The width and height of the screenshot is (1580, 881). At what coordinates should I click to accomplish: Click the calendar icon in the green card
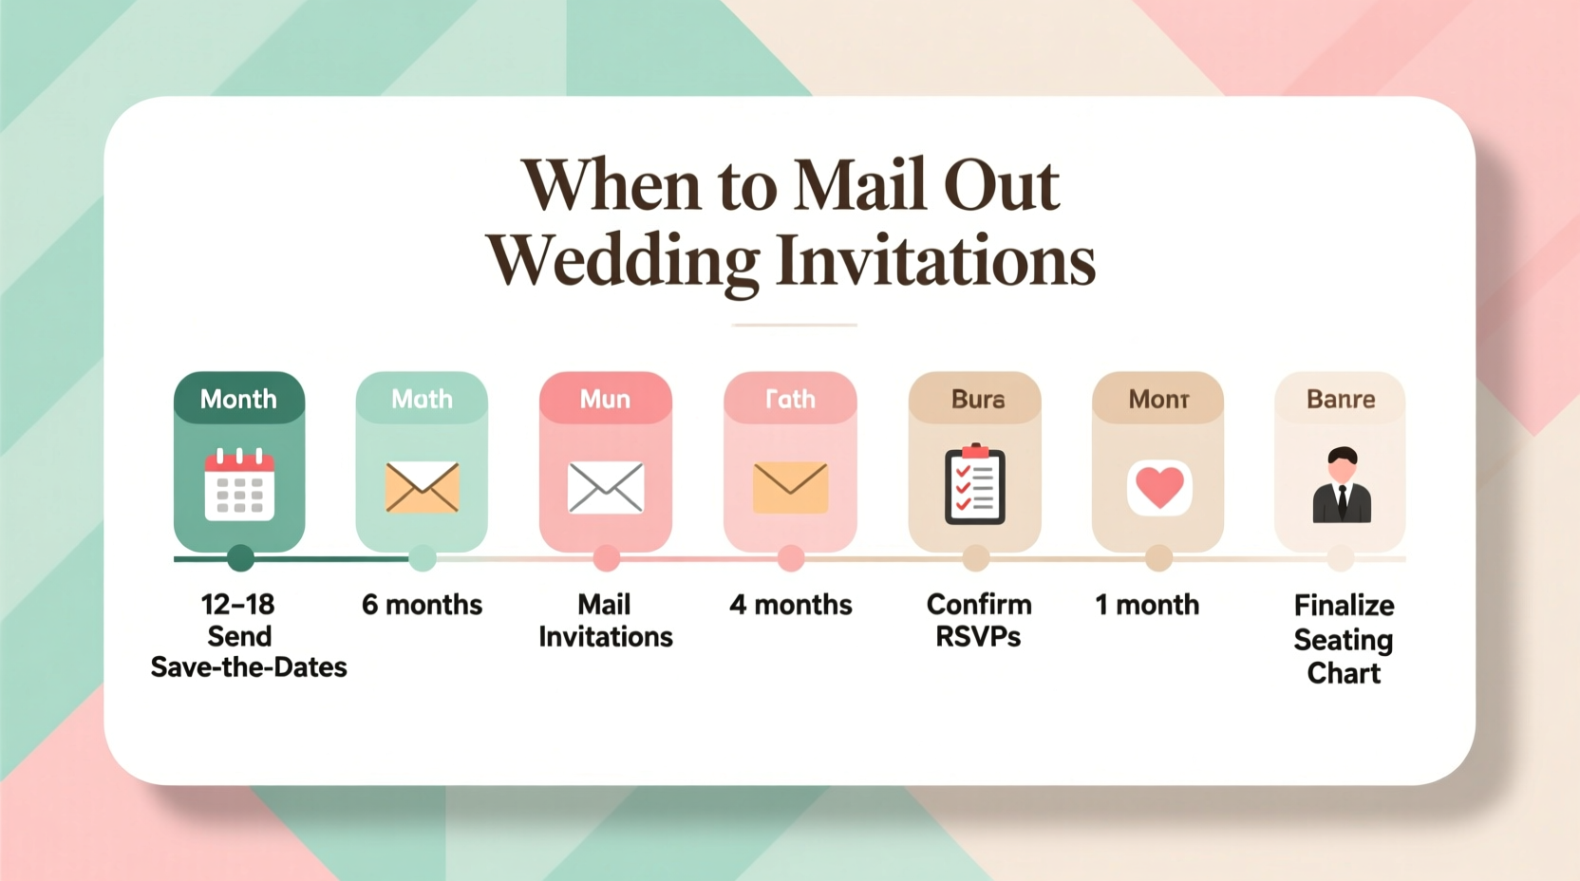tap(239, 485)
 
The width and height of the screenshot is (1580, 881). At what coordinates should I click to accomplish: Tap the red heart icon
tap(1159, 487)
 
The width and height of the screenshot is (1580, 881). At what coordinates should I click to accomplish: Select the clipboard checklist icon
tap(975, 484)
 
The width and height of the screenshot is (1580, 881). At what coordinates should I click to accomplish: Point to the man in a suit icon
tap(1342, 485)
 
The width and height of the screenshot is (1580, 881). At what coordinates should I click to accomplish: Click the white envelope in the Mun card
tap(606, 487)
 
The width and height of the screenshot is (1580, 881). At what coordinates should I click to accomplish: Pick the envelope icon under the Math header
tap(423, 487)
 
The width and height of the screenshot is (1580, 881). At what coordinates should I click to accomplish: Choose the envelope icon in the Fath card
tap(790, 487)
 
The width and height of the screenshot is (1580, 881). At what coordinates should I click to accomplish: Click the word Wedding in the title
tap(623, 260)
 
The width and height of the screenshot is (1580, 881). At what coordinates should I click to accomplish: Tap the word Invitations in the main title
tap(935, 260)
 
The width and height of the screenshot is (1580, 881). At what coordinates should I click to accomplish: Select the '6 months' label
tap(422, 605)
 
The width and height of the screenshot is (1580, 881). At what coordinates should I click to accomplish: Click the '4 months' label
tap(790, 605)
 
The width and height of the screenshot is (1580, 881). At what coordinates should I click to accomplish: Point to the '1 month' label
tap(1147, 605)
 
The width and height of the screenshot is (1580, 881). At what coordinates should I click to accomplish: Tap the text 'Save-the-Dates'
tap(249, 667)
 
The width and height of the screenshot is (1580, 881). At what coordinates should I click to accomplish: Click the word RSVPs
tap(978, 636)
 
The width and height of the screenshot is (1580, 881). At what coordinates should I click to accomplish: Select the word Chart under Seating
tap(1344, 673)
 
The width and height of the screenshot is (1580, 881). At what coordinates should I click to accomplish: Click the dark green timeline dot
tap(240, 558)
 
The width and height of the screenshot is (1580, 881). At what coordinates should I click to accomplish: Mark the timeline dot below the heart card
tap(1158, 558)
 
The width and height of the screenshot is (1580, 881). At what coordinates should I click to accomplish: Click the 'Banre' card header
tap(1341, 399)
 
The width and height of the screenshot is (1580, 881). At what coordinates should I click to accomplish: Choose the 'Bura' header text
tap(978, 399)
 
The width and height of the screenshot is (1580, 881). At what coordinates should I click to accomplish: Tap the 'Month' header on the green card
tap(238, 399)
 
